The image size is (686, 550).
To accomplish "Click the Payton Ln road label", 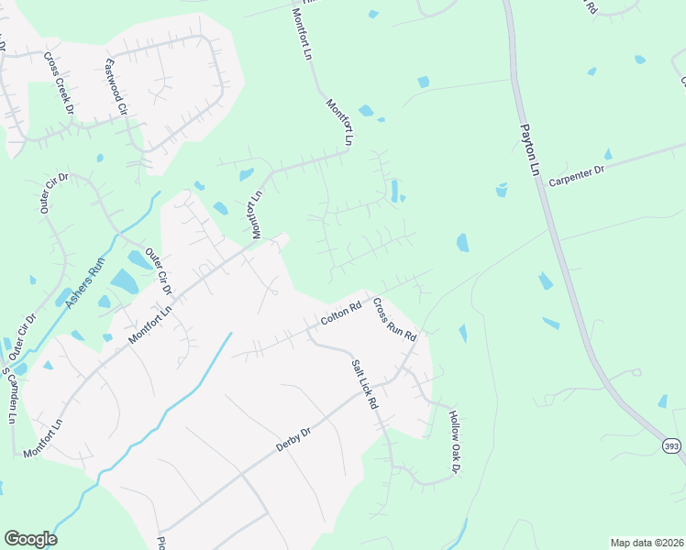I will (x=530, y=150).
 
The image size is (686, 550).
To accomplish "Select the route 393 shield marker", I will (x=673, y=445).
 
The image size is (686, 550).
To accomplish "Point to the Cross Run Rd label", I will (x=395, y=319).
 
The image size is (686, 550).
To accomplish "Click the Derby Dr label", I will (x=294, y=439).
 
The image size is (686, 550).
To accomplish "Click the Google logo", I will (x=30, y=539).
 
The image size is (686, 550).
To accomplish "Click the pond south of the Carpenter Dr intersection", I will (x=502, y=191).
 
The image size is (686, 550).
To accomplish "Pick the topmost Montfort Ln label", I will (x=303, y=35).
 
